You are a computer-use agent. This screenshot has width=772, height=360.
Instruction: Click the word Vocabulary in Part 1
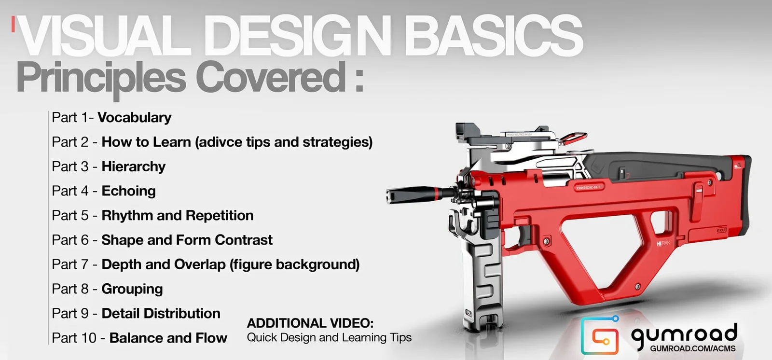click(x=134, y=118)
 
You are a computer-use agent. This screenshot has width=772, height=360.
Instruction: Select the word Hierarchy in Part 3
click(x=133, y=167)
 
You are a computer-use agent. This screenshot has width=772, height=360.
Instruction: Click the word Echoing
click(x=128, y=191)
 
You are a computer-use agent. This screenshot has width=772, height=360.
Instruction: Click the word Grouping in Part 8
click(x=132, y=289)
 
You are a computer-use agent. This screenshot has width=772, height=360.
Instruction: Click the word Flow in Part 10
click(x=211, y=338)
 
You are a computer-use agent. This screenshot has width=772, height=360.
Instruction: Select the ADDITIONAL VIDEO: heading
click(x=310, y=323)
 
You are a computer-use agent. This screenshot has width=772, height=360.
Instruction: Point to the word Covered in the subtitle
click(x=270, y=78)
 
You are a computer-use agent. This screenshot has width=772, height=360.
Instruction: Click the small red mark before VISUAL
click(x=14, y=25)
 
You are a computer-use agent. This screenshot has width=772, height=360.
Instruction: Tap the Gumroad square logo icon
click(x=599, y=336)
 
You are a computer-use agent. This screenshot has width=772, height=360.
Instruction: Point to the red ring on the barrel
click(x=436, y=194)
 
